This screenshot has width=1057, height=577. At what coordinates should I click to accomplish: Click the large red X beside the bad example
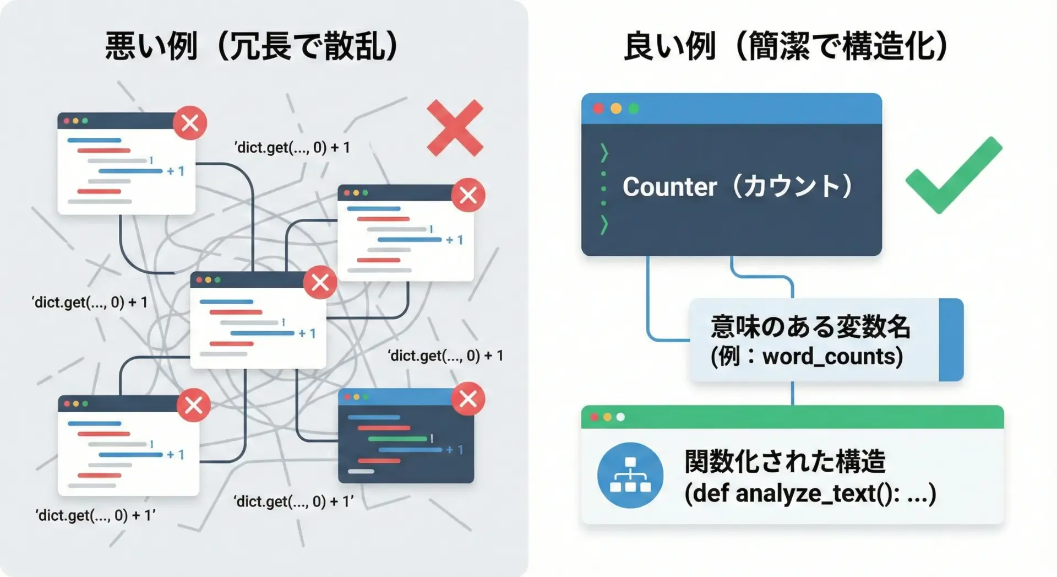(x=455, y=128)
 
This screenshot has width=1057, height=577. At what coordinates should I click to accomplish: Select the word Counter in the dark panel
(x=669, y=187)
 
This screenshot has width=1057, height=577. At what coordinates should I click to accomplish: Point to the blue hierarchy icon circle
(x=630, y=475)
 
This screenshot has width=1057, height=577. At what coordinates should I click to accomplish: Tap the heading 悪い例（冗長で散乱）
(x=252, y=46)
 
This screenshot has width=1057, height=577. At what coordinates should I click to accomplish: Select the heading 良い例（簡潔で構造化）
(x=786, y=46)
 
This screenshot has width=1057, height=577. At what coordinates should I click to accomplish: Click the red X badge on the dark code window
(x=468, y=398)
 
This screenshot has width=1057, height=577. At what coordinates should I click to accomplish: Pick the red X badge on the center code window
(x=320, y=282)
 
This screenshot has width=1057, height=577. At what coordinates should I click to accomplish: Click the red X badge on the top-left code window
(x=190, y=123)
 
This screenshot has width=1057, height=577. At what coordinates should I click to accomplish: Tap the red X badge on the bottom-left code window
(x=193, y=405)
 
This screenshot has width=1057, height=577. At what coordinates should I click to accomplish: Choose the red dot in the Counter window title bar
(x=598, y=109)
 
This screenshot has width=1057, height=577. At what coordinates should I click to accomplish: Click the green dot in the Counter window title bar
(x=634, y=109)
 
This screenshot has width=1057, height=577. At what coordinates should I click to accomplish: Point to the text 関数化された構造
(x=785, y=462)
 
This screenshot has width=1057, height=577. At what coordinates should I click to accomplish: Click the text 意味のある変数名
(x=810, y=327)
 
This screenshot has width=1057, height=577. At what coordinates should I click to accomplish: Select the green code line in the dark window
(x=397, y=439)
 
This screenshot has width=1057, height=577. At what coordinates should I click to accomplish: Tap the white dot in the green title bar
(x=620, y=417)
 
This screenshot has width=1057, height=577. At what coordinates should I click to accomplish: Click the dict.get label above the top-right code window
(x=292, y=148)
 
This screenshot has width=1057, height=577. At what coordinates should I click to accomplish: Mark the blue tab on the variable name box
(x=951, y=339)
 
